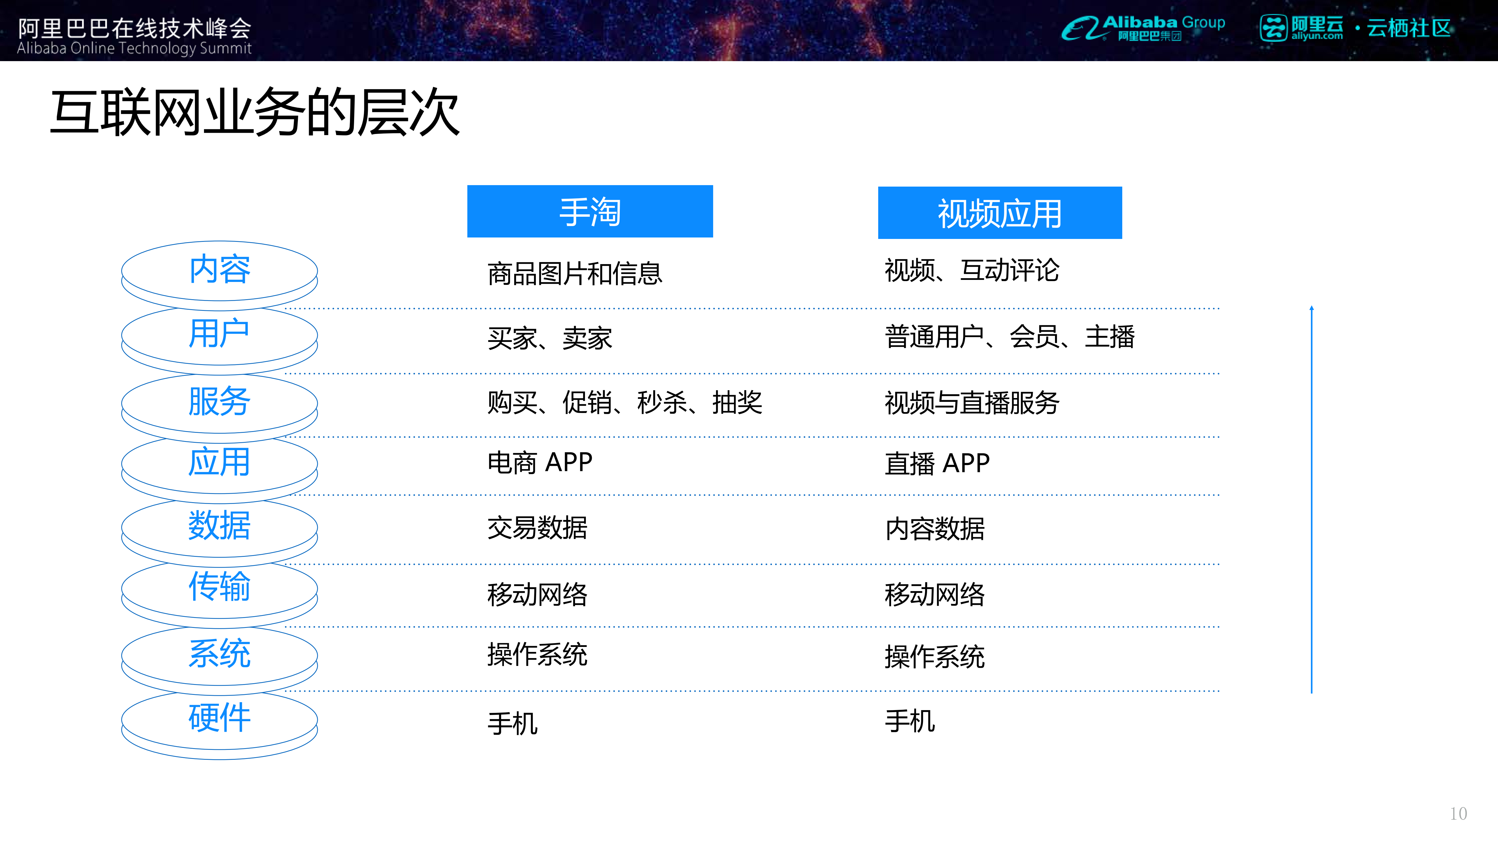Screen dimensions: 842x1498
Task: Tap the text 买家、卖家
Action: click(550, 338)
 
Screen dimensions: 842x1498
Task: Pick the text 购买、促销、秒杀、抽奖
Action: click(624, 402)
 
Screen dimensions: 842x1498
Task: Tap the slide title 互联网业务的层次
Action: click(255, 112)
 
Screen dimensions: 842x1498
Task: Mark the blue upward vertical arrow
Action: click(1311, 500)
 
